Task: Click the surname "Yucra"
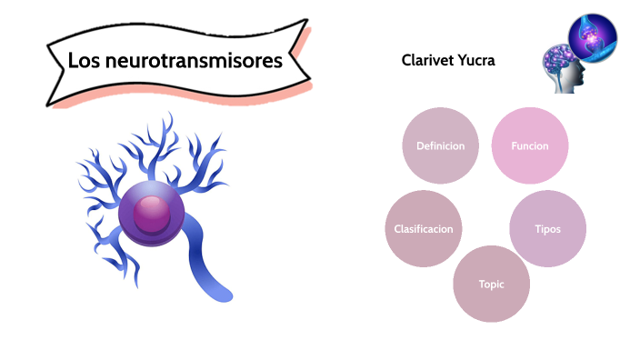tap(482, 60)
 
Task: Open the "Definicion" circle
tap(440, 145)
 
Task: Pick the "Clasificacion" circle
tap(424, 229)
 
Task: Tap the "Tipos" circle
tap(547, 229)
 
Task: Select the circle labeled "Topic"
tap(491, 284)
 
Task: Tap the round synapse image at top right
tap(593, 36)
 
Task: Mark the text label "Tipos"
tap(547, 229)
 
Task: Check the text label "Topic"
tap(491, 284)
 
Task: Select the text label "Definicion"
tap(440, 145)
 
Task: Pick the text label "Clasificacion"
tap(424, 229)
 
